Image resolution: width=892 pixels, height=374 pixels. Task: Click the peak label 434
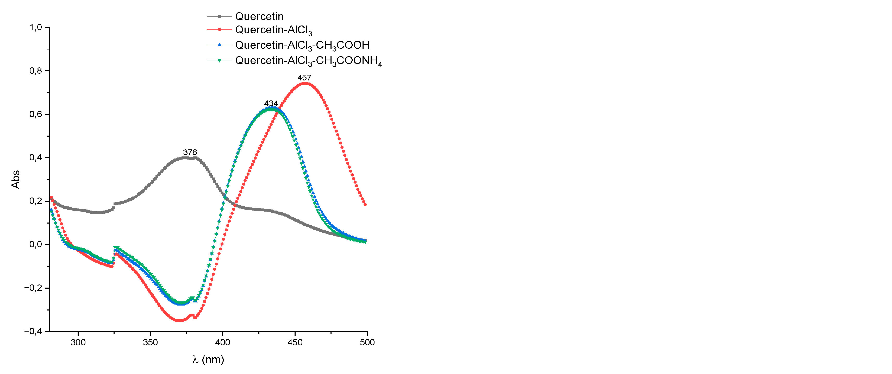coord(271,103)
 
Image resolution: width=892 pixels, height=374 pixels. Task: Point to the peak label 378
coord(190,152)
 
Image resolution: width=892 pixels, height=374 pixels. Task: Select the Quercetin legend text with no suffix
coord(259,16)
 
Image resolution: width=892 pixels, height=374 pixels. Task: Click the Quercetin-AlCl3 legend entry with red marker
coord(273,30)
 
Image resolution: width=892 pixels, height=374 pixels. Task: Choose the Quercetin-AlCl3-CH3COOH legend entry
coord(302,45)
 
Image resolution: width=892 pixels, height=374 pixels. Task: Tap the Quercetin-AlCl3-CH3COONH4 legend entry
coord(308,61)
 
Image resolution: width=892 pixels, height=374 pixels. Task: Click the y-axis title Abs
coord(16,179)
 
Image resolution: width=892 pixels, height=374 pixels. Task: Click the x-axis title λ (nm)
coord(208,359)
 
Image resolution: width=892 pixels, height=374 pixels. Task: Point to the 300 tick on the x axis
coord(78,342)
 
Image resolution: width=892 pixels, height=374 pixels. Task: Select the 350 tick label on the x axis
coord(150,342)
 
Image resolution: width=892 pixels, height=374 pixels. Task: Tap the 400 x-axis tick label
coord(222,342)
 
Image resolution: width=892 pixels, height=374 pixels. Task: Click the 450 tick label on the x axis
coord(295,342)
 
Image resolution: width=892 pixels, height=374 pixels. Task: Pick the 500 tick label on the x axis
coord(367,342)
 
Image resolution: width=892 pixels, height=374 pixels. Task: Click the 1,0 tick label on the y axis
coord(35,27)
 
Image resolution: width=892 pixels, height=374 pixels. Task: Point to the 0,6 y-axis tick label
coord(35,114)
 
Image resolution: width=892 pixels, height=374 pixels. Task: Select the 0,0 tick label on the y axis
coord(35,244)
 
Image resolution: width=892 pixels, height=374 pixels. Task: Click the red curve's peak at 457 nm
coord(305,83)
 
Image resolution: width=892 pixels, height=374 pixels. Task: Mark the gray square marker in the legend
coord(219,16)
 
